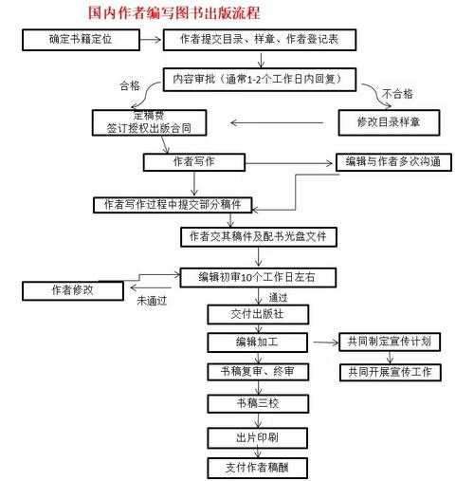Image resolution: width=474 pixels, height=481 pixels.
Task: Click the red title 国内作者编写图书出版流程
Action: tap(174, 13)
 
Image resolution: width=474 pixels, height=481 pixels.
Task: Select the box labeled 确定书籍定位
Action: tap(81, 40)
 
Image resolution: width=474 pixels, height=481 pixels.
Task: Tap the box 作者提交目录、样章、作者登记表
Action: tap(260, 40)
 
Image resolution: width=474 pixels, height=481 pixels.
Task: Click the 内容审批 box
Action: tap(260, 80)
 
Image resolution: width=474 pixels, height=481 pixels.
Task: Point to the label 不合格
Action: tap(397, 94)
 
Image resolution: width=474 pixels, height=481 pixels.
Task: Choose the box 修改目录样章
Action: tap(389, 122)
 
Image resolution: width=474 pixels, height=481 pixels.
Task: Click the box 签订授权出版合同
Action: tap(149, 122)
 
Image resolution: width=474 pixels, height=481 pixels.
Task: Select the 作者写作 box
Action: tap(194, 162)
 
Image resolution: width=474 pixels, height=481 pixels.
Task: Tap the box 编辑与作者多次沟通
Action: tap(393, 162)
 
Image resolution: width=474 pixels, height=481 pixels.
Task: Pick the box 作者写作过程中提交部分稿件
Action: tap(173, 205)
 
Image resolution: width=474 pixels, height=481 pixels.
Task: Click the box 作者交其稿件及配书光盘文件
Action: tap(259, 237)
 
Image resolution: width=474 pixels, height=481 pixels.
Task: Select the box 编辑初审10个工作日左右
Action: tap(258, 278)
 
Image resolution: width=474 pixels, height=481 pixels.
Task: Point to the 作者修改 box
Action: tap(73, 290)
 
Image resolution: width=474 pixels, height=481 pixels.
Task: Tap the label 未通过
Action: tap(152, 301)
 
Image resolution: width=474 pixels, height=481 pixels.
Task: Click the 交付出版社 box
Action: tap(258, 314)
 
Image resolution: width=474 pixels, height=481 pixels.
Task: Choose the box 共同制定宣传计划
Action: tap(390, 342)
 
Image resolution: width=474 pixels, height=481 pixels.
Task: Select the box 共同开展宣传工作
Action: tap(391, 372)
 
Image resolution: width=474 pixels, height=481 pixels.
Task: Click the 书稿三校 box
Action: tap(258, 404)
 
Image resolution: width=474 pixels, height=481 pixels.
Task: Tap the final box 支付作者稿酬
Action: tap(258, 468)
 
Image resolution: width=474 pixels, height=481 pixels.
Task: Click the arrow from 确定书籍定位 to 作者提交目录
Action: tap(151, 40)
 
